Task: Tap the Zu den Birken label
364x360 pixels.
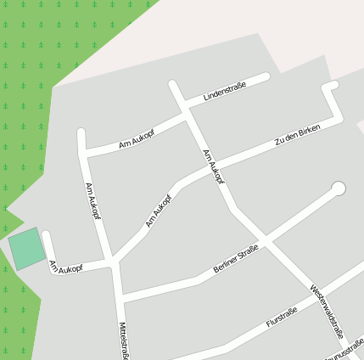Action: [298, 136]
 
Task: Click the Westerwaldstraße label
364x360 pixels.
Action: [327, 310]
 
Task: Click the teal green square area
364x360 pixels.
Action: [27, 248]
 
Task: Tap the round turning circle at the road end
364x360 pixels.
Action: [339, 188]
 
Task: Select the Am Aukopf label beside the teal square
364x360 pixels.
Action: [66, 267]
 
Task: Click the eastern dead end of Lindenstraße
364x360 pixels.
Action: [266, 77]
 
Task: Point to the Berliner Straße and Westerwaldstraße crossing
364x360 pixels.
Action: [266, 245]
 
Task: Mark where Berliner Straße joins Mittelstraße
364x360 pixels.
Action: [120, 298]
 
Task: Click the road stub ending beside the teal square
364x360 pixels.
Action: [47, 235]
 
